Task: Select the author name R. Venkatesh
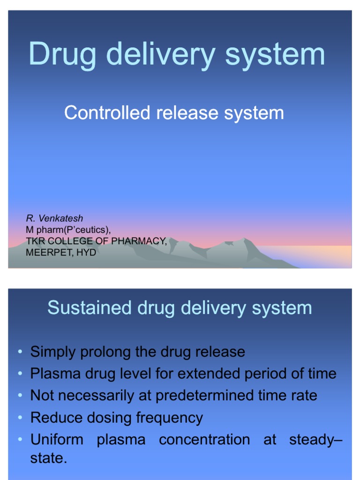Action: pos(54,218)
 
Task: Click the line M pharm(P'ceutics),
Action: pos(68,230)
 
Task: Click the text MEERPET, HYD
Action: pos(61,252)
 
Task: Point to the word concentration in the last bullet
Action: pos(204,440)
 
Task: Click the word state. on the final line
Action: pos(49,458)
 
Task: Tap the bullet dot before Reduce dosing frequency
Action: pos(20,418)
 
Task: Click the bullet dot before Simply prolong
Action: pos(20,352)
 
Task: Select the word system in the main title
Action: pos(275,54)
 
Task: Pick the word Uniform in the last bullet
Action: pos(57,440)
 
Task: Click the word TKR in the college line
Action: pos(34,241)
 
